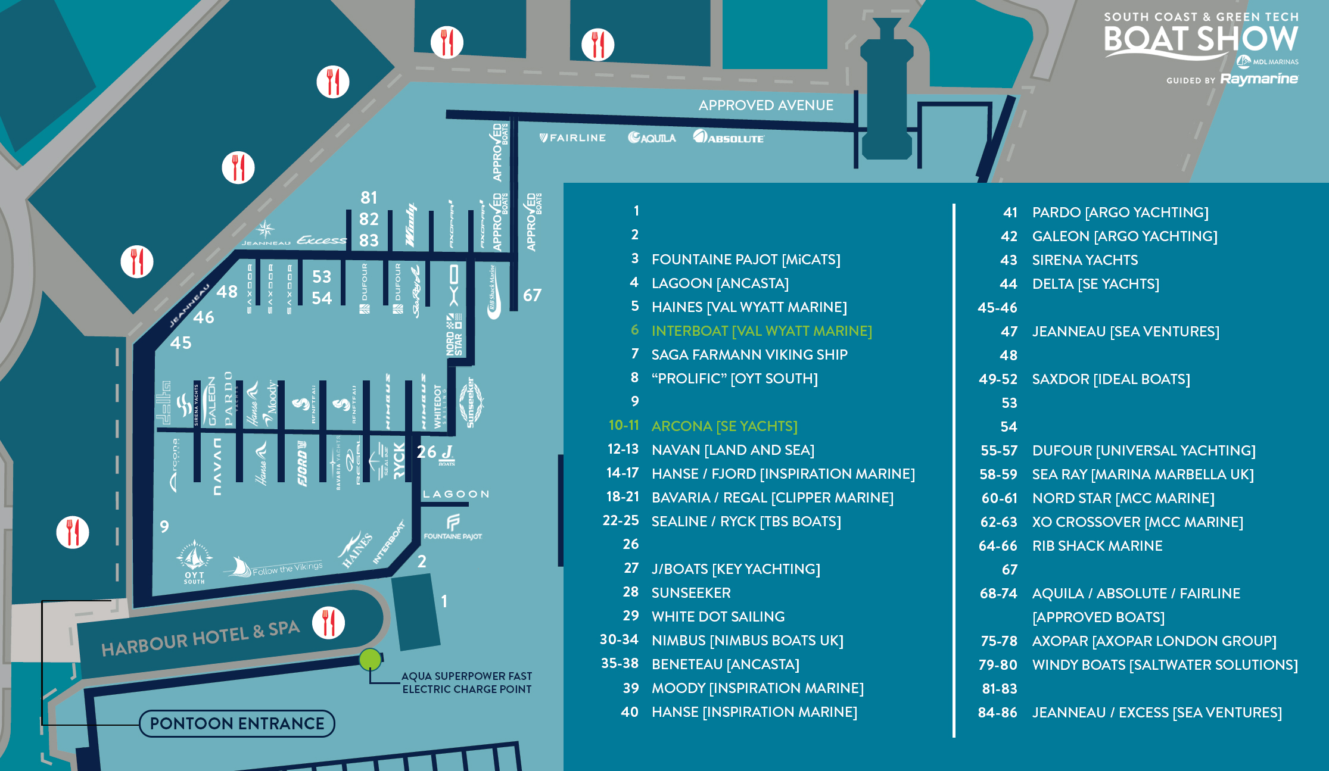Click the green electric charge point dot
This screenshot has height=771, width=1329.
click(370, 659)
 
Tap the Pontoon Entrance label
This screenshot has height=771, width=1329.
click(237, 723)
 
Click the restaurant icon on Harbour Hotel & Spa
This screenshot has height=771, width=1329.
click(328, 623)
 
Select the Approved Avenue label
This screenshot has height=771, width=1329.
click(765, 105)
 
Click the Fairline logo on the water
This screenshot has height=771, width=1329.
click(572, 138)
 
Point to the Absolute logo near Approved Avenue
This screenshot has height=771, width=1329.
click(729, 138)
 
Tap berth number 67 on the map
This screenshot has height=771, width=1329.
click(532, 295)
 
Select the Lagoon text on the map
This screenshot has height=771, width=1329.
click(456, 494)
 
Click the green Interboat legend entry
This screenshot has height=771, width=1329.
click(761, 331)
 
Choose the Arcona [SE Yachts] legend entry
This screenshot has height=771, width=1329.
click(724, 426)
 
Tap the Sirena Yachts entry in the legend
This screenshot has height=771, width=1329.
click(1085, 260)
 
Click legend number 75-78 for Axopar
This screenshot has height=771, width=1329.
click(999, 641)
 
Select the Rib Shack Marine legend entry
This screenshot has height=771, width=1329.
click(1097, 546)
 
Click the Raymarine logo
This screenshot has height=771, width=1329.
click(1259, 79)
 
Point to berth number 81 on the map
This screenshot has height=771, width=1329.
click(369, 198)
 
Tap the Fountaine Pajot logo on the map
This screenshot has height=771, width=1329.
click(453, 527)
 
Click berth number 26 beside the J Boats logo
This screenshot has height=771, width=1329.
click(427, 452)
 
